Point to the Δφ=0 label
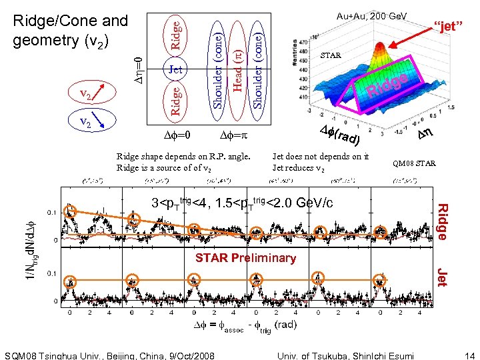(177, 135)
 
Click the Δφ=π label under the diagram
(234, 135)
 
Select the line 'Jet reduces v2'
(299, 168)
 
